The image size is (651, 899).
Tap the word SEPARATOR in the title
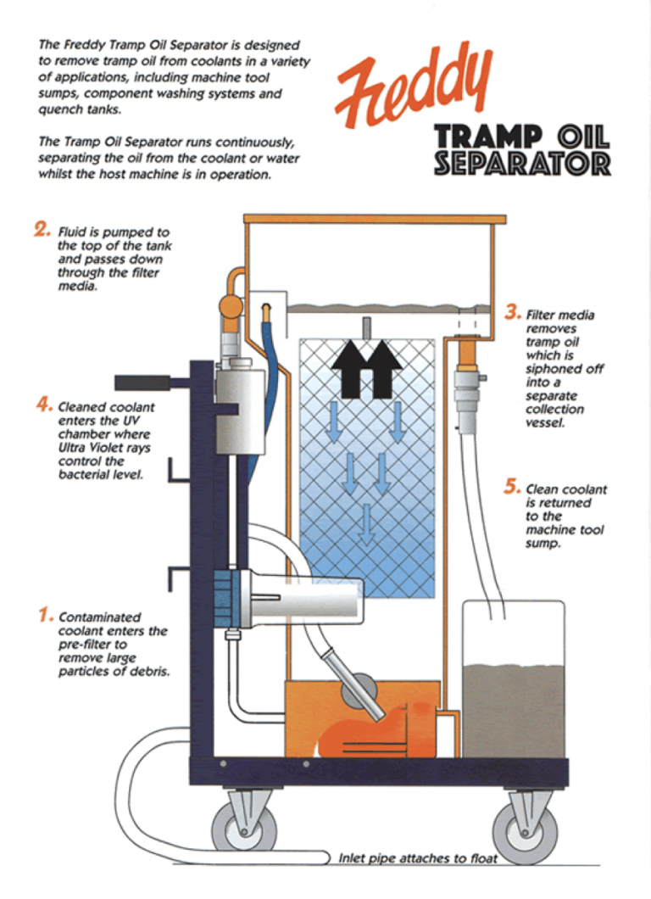(x=522, y=163)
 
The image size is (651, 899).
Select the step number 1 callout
(x=46, y=615)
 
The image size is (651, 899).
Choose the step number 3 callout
(x=512, y=313)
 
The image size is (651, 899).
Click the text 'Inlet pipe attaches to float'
(x=418, y=857)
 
